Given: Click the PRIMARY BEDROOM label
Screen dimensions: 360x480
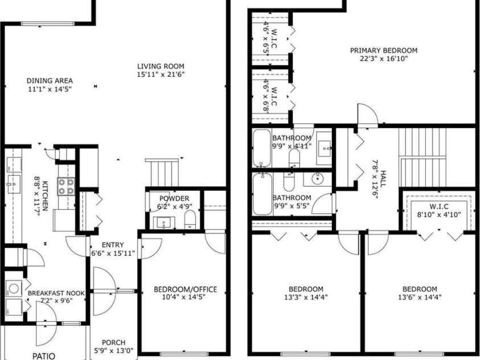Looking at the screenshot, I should pyautogui.click(x=383, y=50).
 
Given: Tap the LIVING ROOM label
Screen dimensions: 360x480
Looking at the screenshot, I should pyautogui.click(x=161, y=66).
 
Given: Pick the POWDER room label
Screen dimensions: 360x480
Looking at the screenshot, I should pyautogui.click(x=169, y=198).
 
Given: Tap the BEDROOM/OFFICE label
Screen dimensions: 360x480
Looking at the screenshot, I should pyautogui.click(x=185, y=289).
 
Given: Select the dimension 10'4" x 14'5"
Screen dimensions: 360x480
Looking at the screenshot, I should pyautogui.click(x=185, y=297).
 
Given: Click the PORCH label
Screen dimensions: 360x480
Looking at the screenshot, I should pyautogui.click(x=113, y=342).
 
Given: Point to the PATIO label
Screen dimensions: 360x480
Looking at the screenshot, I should pyautogui.click(x=43, y=356).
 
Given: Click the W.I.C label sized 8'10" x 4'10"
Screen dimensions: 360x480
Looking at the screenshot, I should pyautogui.click(x=439, y=206).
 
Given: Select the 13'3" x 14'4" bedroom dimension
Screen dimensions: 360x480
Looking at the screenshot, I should pyautogui.click(x=305, y=297).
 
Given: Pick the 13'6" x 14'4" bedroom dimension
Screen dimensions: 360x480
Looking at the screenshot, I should pyautogui.click(x=417, y=297).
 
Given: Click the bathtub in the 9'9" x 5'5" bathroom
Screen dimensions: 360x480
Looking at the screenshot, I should pyautogui.click(x=262, y=194).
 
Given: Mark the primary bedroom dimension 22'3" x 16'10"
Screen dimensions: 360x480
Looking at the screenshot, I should pyautogui.click(x=383, y=58).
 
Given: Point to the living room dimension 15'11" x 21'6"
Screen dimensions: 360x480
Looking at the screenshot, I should pyautogui.click(x=161, y=74).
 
